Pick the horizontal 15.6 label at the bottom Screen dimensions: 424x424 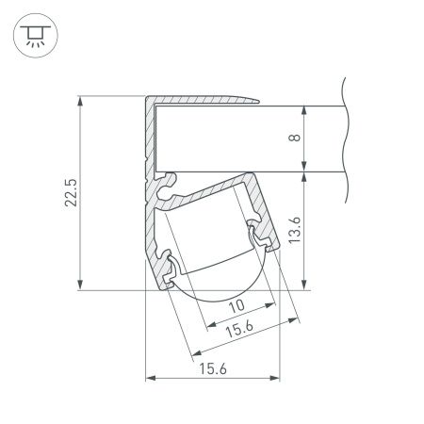[212, 370]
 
